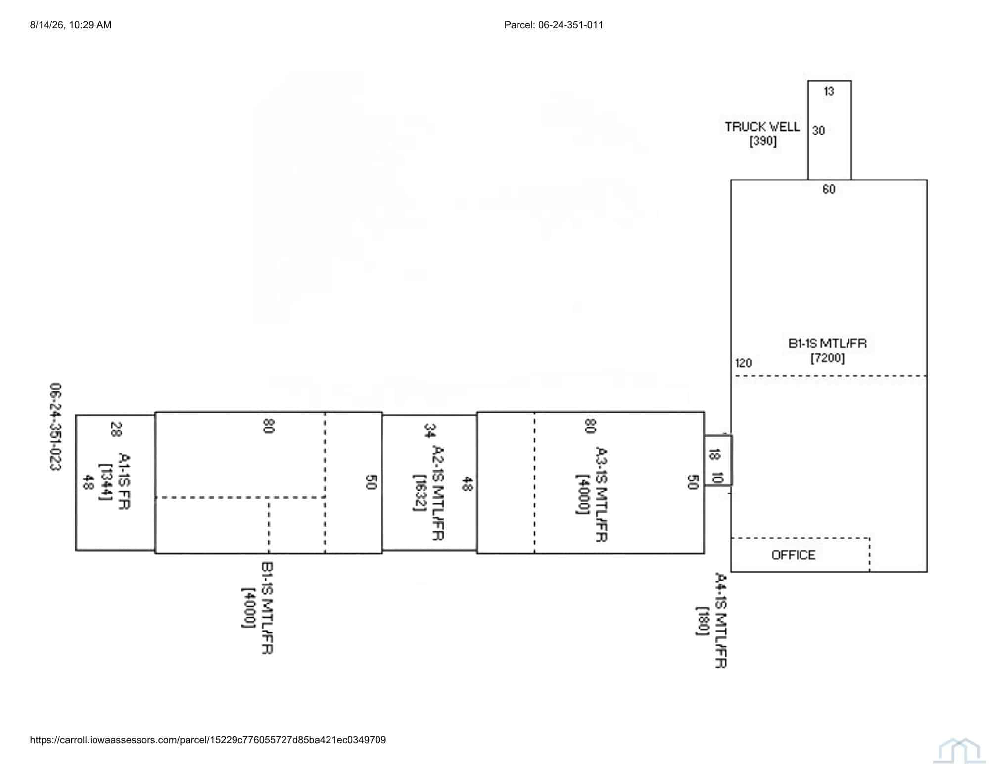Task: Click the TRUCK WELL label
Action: [x=762, y=127]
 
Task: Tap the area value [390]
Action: [x=763, y=141]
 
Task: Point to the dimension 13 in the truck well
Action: [x=829, y=91]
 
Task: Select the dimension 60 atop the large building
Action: [x=829, y=189]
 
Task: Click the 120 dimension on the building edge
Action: [x=743, y=363]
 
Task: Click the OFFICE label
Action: [x=793, y=555]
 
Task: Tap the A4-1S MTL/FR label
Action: [x=721, y=620]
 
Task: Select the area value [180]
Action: [x=702, y=621]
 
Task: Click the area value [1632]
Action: [x=420, y=493]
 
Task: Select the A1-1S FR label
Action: [x=124, y=481]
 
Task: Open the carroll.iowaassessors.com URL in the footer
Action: [x=208, y=740]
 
